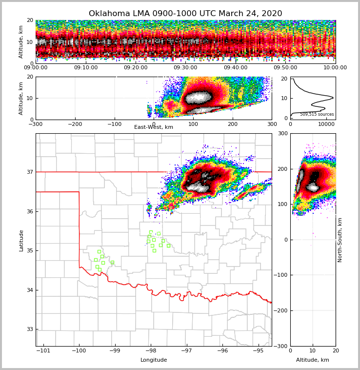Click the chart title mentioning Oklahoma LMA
[185, 14]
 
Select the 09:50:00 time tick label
[285, 68]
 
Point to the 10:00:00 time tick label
[335, 68]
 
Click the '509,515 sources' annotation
[317, 114]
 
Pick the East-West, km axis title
[154, 127]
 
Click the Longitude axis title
[154, 360]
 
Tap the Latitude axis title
[21, 240]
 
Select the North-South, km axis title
[340, 240]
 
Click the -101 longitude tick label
[43, 351]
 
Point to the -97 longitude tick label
[187, 351]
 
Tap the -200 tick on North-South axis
[281, 310]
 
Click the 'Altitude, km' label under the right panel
[313, 360]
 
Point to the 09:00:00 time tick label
[36, 68]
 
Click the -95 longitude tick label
[259, 351]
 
